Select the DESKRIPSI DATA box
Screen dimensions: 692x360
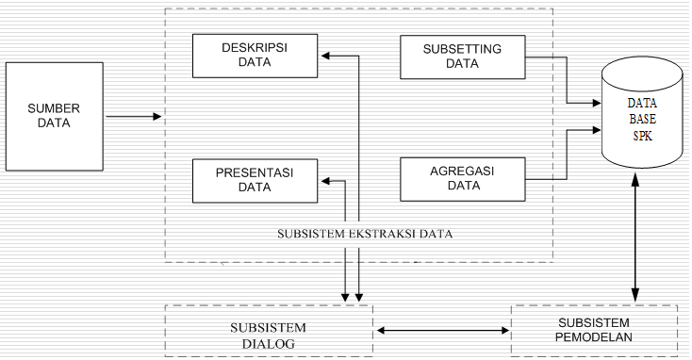(x=255, y=56)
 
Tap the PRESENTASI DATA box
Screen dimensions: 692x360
(x=255, y=180)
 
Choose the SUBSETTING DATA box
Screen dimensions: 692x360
(x=462, y=57)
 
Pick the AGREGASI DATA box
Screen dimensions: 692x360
(x=462, y=179)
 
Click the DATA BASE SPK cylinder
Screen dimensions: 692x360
(x=642, y=118)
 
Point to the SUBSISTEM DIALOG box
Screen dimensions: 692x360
(x=269, y=335)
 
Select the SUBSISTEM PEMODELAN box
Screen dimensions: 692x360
(x=593, y=330)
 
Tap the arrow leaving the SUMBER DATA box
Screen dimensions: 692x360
(x=132, y=117)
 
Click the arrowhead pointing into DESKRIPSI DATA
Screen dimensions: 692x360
(x=322, y=56)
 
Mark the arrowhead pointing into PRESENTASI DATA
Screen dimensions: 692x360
(x=322, y=180)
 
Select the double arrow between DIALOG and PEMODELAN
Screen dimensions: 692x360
(x=441, y=331)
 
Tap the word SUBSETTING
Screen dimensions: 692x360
(x=462, y=49)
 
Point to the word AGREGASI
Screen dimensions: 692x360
(x=462, y=171)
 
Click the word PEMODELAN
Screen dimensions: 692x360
(x=594, y=338)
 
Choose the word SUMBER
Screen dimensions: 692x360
(x=54, y=106)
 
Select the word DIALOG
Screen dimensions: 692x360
(x=269, y=344)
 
